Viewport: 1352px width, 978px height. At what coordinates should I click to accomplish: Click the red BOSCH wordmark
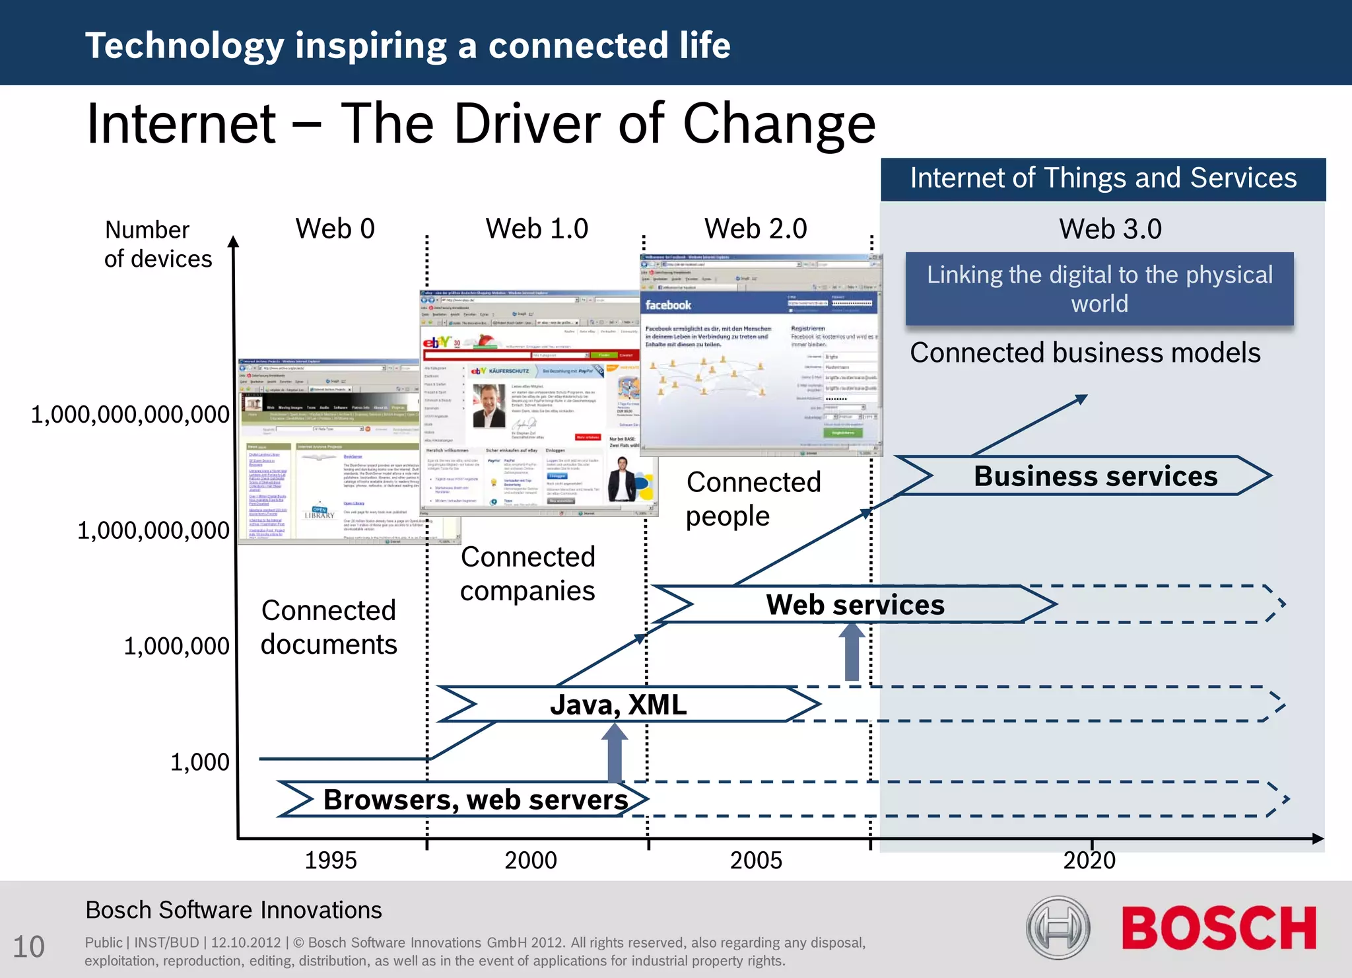tap(1219, 928)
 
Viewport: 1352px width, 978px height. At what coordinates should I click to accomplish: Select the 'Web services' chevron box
tap(855, 604)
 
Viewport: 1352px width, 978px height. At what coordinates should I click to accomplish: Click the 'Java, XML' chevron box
tap(619, 705)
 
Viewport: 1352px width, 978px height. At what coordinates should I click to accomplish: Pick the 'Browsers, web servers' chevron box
tap(475, 799)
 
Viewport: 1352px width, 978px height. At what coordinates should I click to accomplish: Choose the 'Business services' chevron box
tap(1095, 475)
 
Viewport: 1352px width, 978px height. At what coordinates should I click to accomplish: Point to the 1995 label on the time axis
tap(330, 860)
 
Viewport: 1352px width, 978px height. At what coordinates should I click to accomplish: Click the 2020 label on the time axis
tap(1089, 860)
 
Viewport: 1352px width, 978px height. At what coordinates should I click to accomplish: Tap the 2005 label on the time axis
tap(756, 860)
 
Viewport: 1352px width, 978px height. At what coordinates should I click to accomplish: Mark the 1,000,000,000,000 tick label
tap(130, 415)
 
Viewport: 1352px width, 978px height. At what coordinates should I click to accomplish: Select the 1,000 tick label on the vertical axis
tap(200, 761)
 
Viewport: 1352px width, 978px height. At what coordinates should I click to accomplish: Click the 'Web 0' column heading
tap(335, 228)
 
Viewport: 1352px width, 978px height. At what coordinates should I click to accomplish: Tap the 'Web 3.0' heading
tap(1110, 228)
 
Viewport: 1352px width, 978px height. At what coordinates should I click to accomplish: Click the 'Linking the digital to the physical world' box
tap(1099, 289)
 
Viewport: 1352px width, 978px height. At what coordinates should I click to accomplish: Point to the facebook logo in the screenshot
tap(668, 305)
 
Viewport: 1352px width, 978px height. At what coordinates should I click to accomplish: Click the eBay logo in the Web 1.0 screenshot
tap(437, 341)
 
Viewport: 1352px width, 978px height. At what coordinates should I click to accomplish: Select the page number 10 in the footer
tap(29, 946)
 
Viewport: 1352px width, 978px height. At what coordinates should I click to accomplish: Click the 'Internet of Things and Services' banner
tap(1103, 178)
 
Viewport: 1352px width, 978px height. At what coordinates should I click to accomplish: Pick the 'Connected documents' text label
tap(329, 627)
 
